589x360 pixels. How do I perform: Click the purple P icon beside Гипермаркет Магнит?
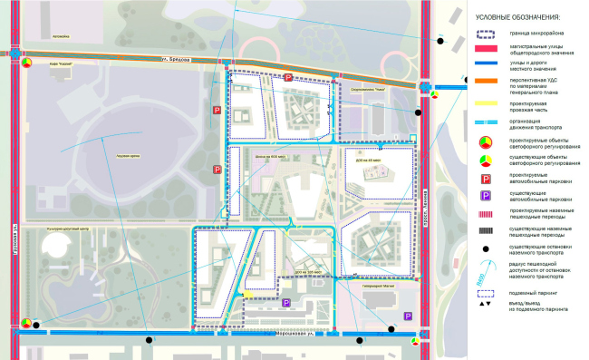[x=408, y=316]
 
